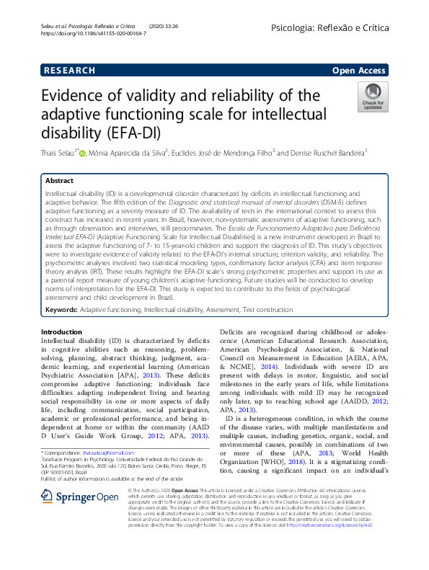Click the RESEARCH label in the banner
point(70,70)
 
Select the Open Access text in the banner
point(358,70)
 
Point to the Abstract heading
point(59,181)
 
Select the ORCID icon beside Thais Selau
point(81,153)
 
